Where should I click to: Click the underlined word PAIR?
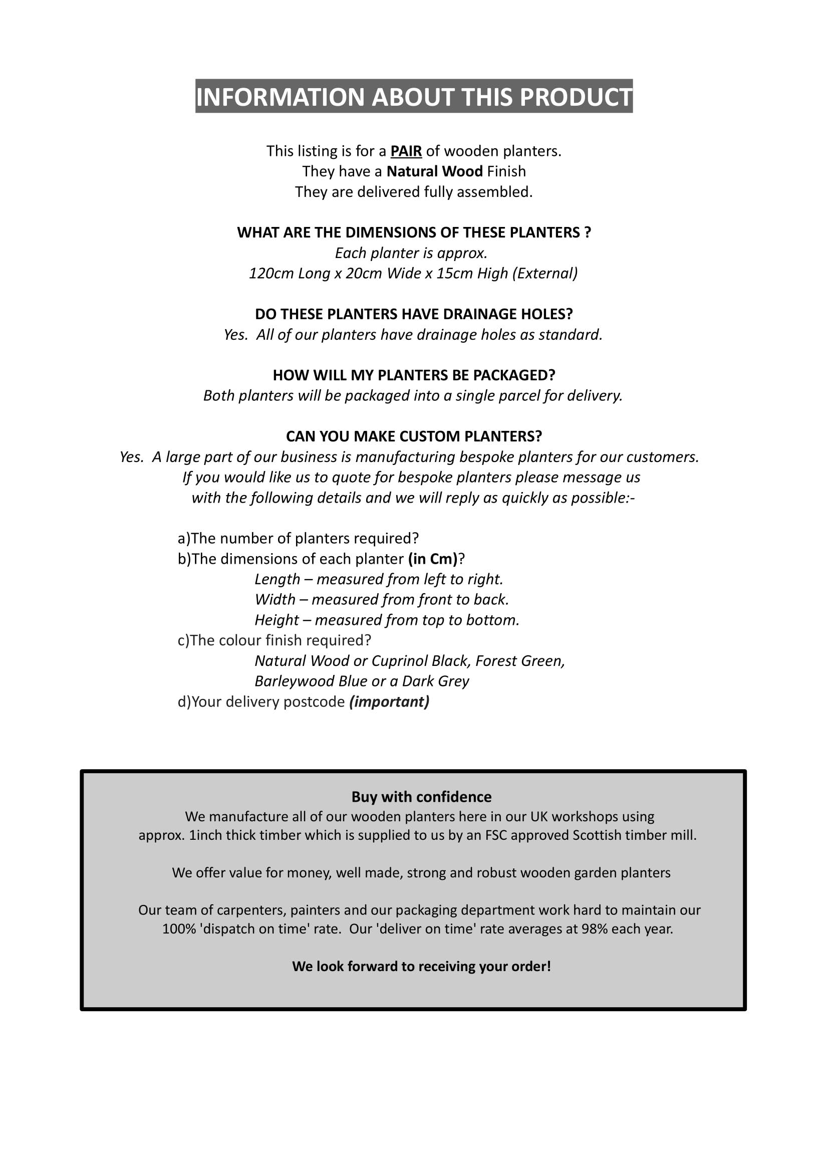tap(406, 151)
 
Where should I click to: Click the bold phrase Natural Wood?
tap(434, 171)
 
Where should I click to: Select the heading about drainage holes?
tap(414, 314)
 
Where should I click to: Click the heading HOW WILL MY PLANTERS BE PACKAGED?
tap(414, 375)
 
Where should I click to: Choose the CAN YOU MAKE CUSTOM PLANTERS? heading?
tap(414, 436)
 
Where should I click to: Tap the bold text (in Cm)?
tap(433, 559)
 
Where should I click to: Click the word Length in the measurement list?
tap(277, 579)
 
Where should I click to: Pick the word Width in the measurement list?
tap(275, 600)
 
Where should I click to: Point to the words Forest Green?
tap(520, 661)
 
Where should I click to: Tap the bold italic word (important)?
tap(389, 702)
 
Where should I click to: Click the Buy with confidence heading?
tap(421, 797)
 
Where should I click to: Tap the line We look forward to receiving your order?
tap(421, 966)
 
